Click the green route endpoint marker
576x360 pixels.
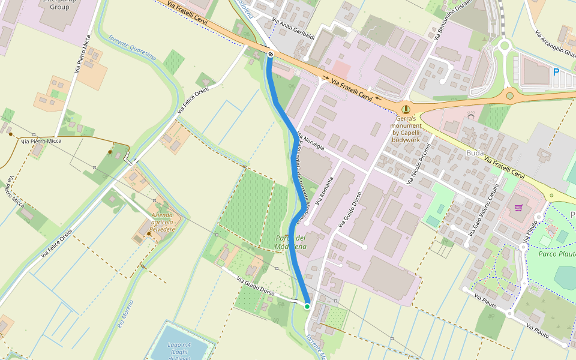click(307, 307)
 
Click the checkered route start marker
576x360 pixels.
click(271, 55)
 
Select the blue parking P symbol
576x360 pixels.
click(556, 71)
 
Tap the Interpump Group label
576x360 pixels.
click(59, 7)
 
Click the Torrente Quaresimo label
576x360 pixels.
click(132, 48)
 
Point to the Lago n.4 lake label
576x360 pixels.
click(179, 351)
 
